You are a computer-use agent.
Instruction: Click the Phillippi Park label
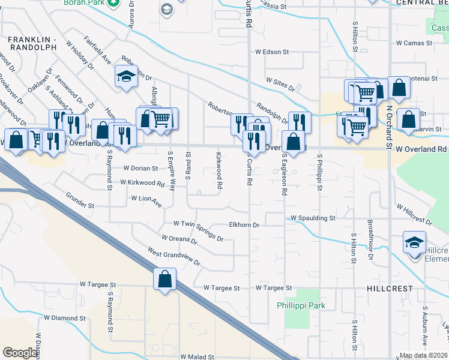coord(309,305)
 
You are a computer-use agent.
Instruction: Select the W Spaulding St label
coord(313,218)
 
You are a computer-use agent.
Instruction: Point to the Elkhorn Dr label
coord(244,225)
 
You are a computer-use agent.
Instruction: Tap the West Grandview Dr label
coord(173,259)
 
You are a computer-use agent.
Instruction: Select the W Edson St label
coord(272,52)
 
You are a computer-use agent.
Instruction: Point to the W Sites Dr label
coord(281,84)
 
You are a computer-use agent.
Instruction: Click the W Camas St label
coord(414,43)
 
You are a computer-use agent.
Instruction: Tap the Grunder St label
coord(80,205)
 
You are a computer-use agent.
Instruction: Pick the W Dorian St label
coord(140,169)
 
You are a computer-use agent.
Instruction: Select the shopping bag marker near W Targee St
coord(164,280)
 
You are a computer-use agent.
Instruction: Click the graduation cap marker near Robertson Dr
coord(127,77)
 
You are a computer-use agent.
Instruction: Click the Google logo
coord(20,353)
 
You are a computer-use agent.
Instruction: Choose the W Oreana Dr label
coord(176,241)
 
